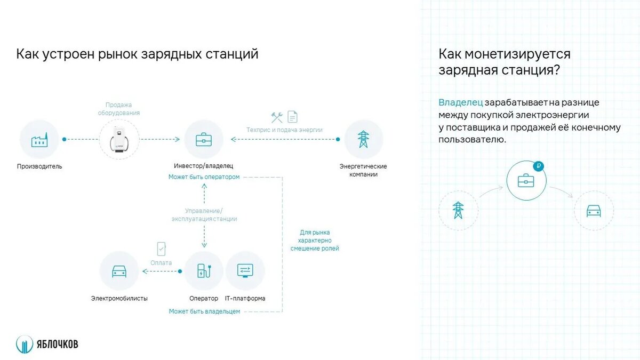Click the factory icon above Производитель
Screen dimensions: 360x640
tap(39, 140)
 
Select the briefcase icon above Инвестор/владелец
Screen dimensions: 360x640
tap(203, 140)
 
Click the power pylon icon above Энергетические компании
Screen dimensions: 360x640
tap(363, 139)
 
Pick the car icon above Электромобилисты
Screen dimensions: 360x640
tap(119, 271)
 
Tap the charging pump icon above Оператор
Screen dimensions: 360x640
tap(203, 270)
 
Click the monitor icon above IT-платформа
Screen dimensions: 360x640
tap(245, 270)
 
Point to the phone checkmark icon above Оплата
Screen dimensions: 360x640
tap(161, 249)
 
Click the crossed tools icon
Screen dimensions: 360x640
tap(277, 117)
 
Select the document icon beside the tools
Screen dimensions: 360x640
tap(292, 117)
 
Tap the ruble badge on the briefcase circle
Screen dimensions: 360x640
tap(538, 166)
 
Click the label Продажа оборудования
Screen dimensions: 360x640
tap(118, 109)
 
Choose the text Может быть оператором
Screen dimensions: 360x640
tap(204, 177)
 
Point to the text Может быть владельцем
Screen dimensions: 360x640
tap(204, 311)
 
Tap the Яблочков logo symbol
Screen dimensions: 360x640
tap(24, 345)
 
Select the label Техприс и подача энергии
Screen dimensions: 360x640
tap(284, 130)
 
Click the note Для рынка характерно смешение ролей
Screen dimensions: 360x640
tap(315, 241)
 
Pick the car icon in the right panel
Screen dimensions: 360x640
tap(594, 211)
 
